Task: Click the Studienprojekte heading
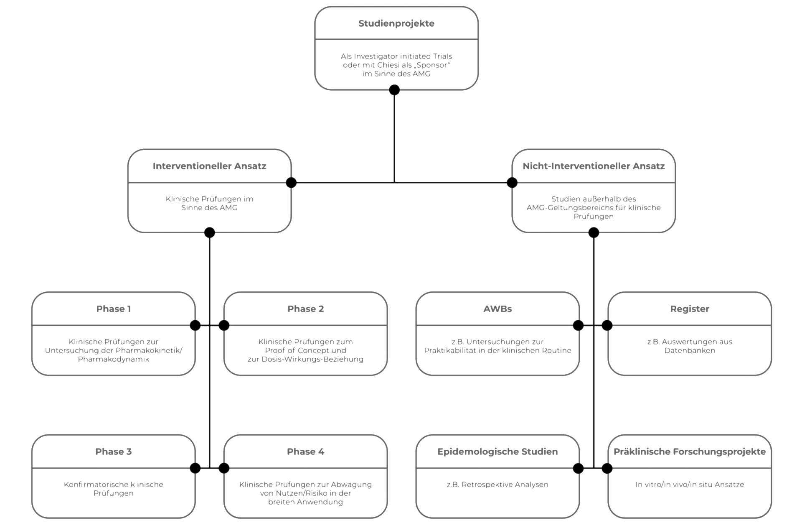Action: click(396, 24)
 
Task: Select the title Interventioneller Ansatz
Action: click(209, 166)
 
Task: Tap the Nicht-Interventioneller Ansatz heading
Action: click(594, 166)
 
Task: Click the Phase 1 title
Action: click(114, 309)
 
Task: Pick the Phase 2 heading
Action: click(305, 309)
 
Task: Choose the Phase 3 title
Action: click(114, 452)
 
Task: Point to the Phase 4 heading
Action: click(305, 452)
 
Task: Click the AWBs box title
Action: click(497, 309)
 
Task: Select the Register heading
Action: click(690, 309)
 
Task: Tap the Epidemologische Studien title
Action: click(497, 452)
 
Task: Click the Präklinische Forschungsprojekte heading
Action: click(690, 452)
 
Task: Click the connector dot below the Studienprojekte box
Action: click(394, 90)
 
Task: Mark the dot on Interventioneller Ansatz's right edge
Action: click(291, 183)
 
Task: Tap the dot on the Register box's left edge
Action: click(607, 325)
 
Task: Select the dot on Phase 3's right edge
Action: click(195, 468)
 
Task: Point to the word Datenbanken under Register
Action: click(690, 350)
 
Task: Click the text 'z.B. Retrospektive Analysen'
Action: click(497, 485)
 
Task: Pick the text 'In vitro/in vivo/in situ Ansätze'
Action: click(690, 485)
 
